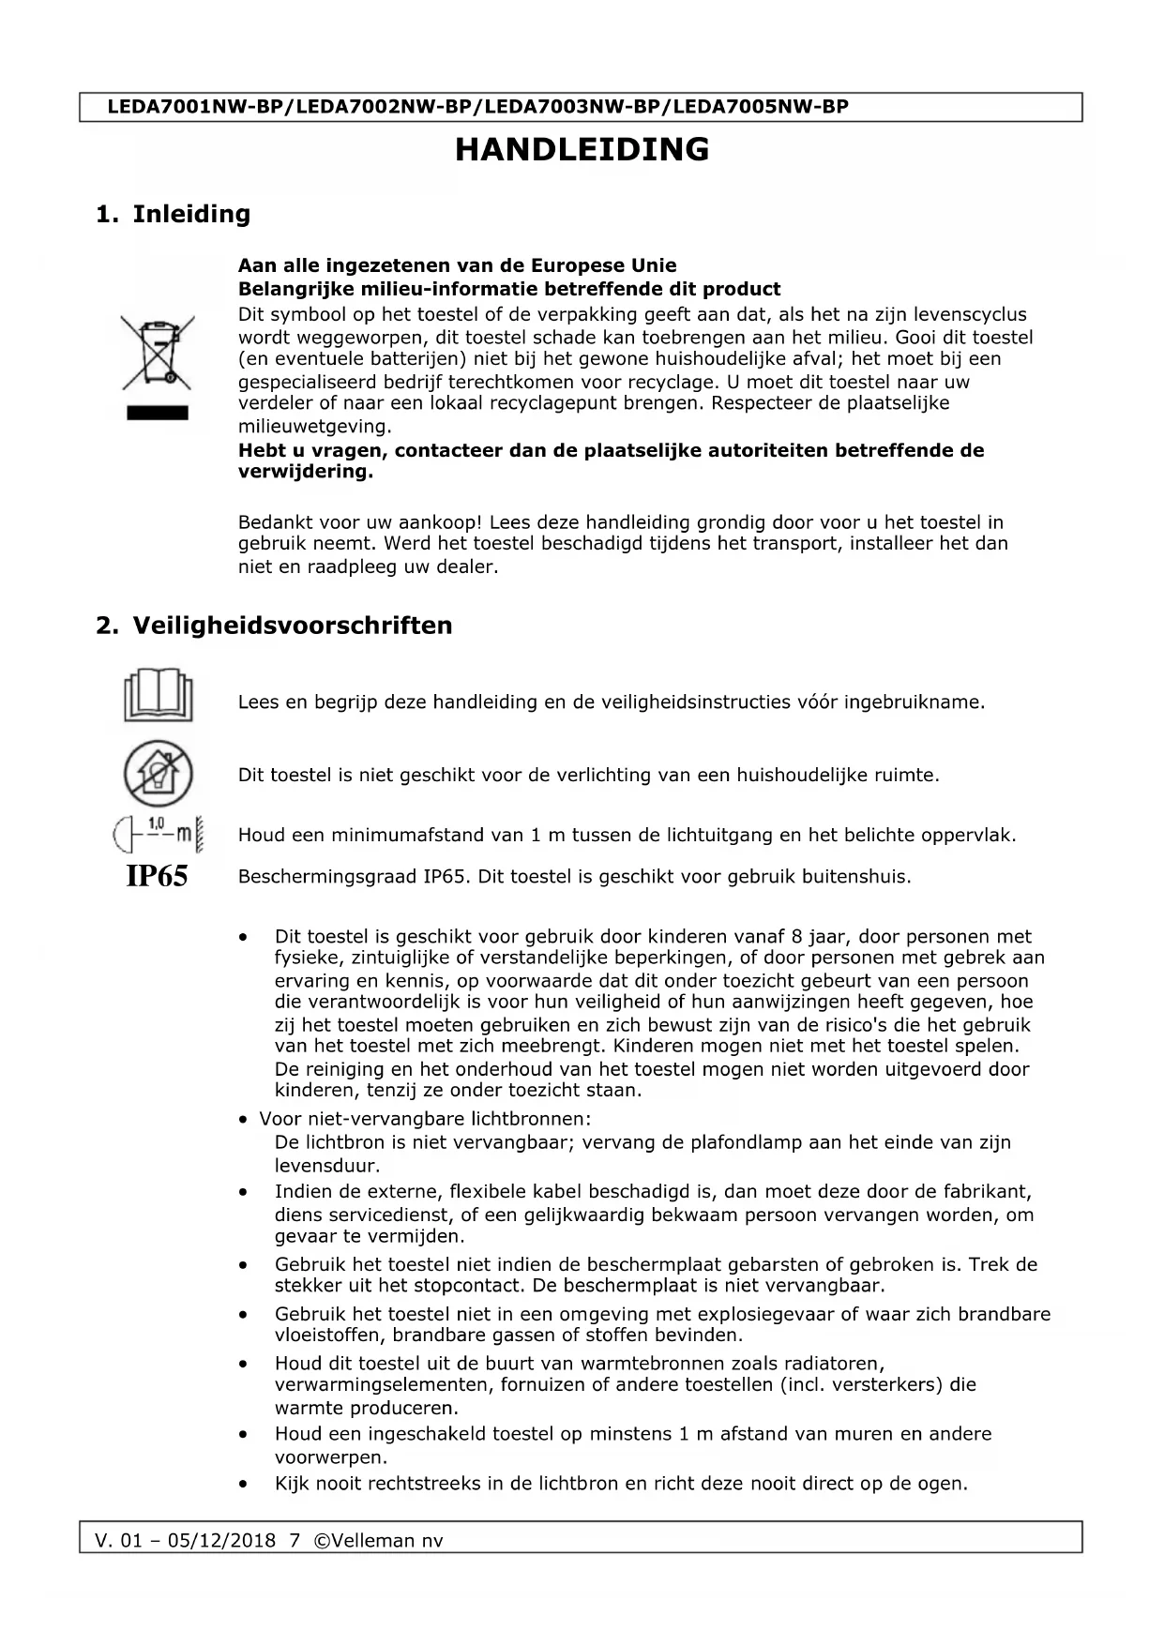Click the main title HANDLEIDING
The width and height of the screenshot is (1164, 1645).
tap(582, 150)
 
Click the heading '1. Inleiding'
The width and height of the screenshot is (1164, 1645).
tap(174, 214)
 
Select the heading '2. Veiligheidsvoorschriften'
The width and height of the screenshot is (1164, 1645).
tap(274, 626)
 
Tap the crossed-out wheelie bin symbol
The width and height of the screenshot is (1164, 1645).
tap(157, 354)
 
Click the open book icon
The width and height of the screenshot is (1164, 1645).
tap(158, 695)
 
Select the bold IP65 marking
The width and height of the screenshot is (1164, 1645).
tap(157, 877)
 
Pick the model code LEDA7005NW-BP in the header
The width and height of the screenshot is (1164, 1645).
tap(761, 107)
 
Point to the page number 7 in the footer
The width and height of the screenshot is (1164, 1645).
tap(295, 1541)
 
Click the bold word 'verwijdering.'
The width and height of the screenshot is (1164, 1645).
tap(305, 472)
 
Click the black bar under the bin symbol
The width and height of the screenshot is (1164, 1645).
tap(158, 414)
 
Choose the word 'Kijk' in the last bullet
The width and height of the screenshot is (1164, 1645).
tap(292, 1484)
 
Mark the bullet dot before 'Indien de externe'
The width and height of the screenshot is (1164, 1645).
tap(244, 1193)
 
